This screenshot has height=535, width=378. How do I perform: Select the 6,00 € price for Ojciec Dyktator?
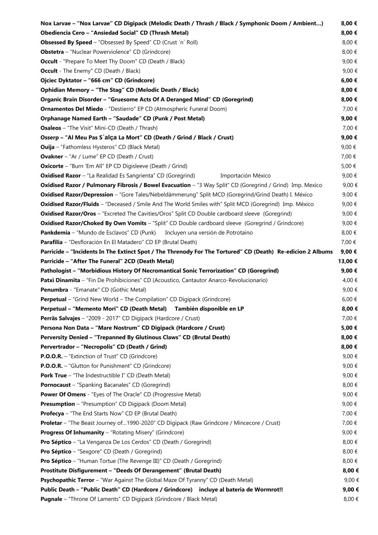tap(349, 80)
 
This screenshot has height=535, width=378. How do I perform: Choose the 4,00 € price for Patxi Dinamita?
tap(349, 280)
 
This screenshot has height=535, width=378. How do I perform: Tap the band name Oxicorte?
tap(54, 166)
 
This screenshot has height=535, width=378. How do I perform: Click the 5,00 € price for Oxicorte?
tap(349, 166)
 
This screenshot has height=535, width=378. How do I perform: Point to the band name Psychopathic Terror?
tap(67, 480)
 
